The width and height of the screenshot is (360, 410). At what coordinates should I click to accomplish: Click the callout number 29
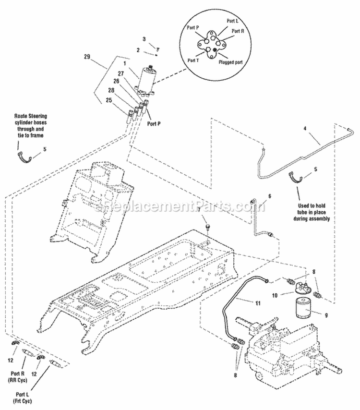[87, 57]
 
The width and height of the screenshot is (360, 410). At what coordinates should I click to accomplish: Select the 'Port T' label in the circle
[194, 60]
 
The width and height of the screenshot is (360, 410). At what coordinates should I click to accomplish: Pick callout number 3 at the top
[144, 39]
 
